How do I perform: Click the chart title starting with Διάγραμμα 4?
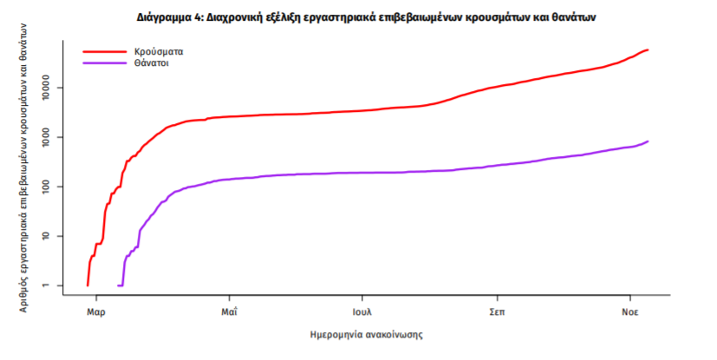(358, 16)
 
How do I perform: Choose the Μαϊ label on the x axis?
(229, 311)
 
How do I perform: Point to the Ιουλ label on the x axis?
(362, 311)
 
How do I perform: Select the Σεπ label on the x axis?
(497, 311)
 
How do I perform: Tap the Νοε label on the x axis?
(630, 311)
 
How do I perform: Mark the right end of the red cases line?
(648, 49)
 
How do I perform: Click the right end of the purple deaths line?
(648, 141)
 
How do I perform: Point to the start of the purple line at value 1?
(119, 285)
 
